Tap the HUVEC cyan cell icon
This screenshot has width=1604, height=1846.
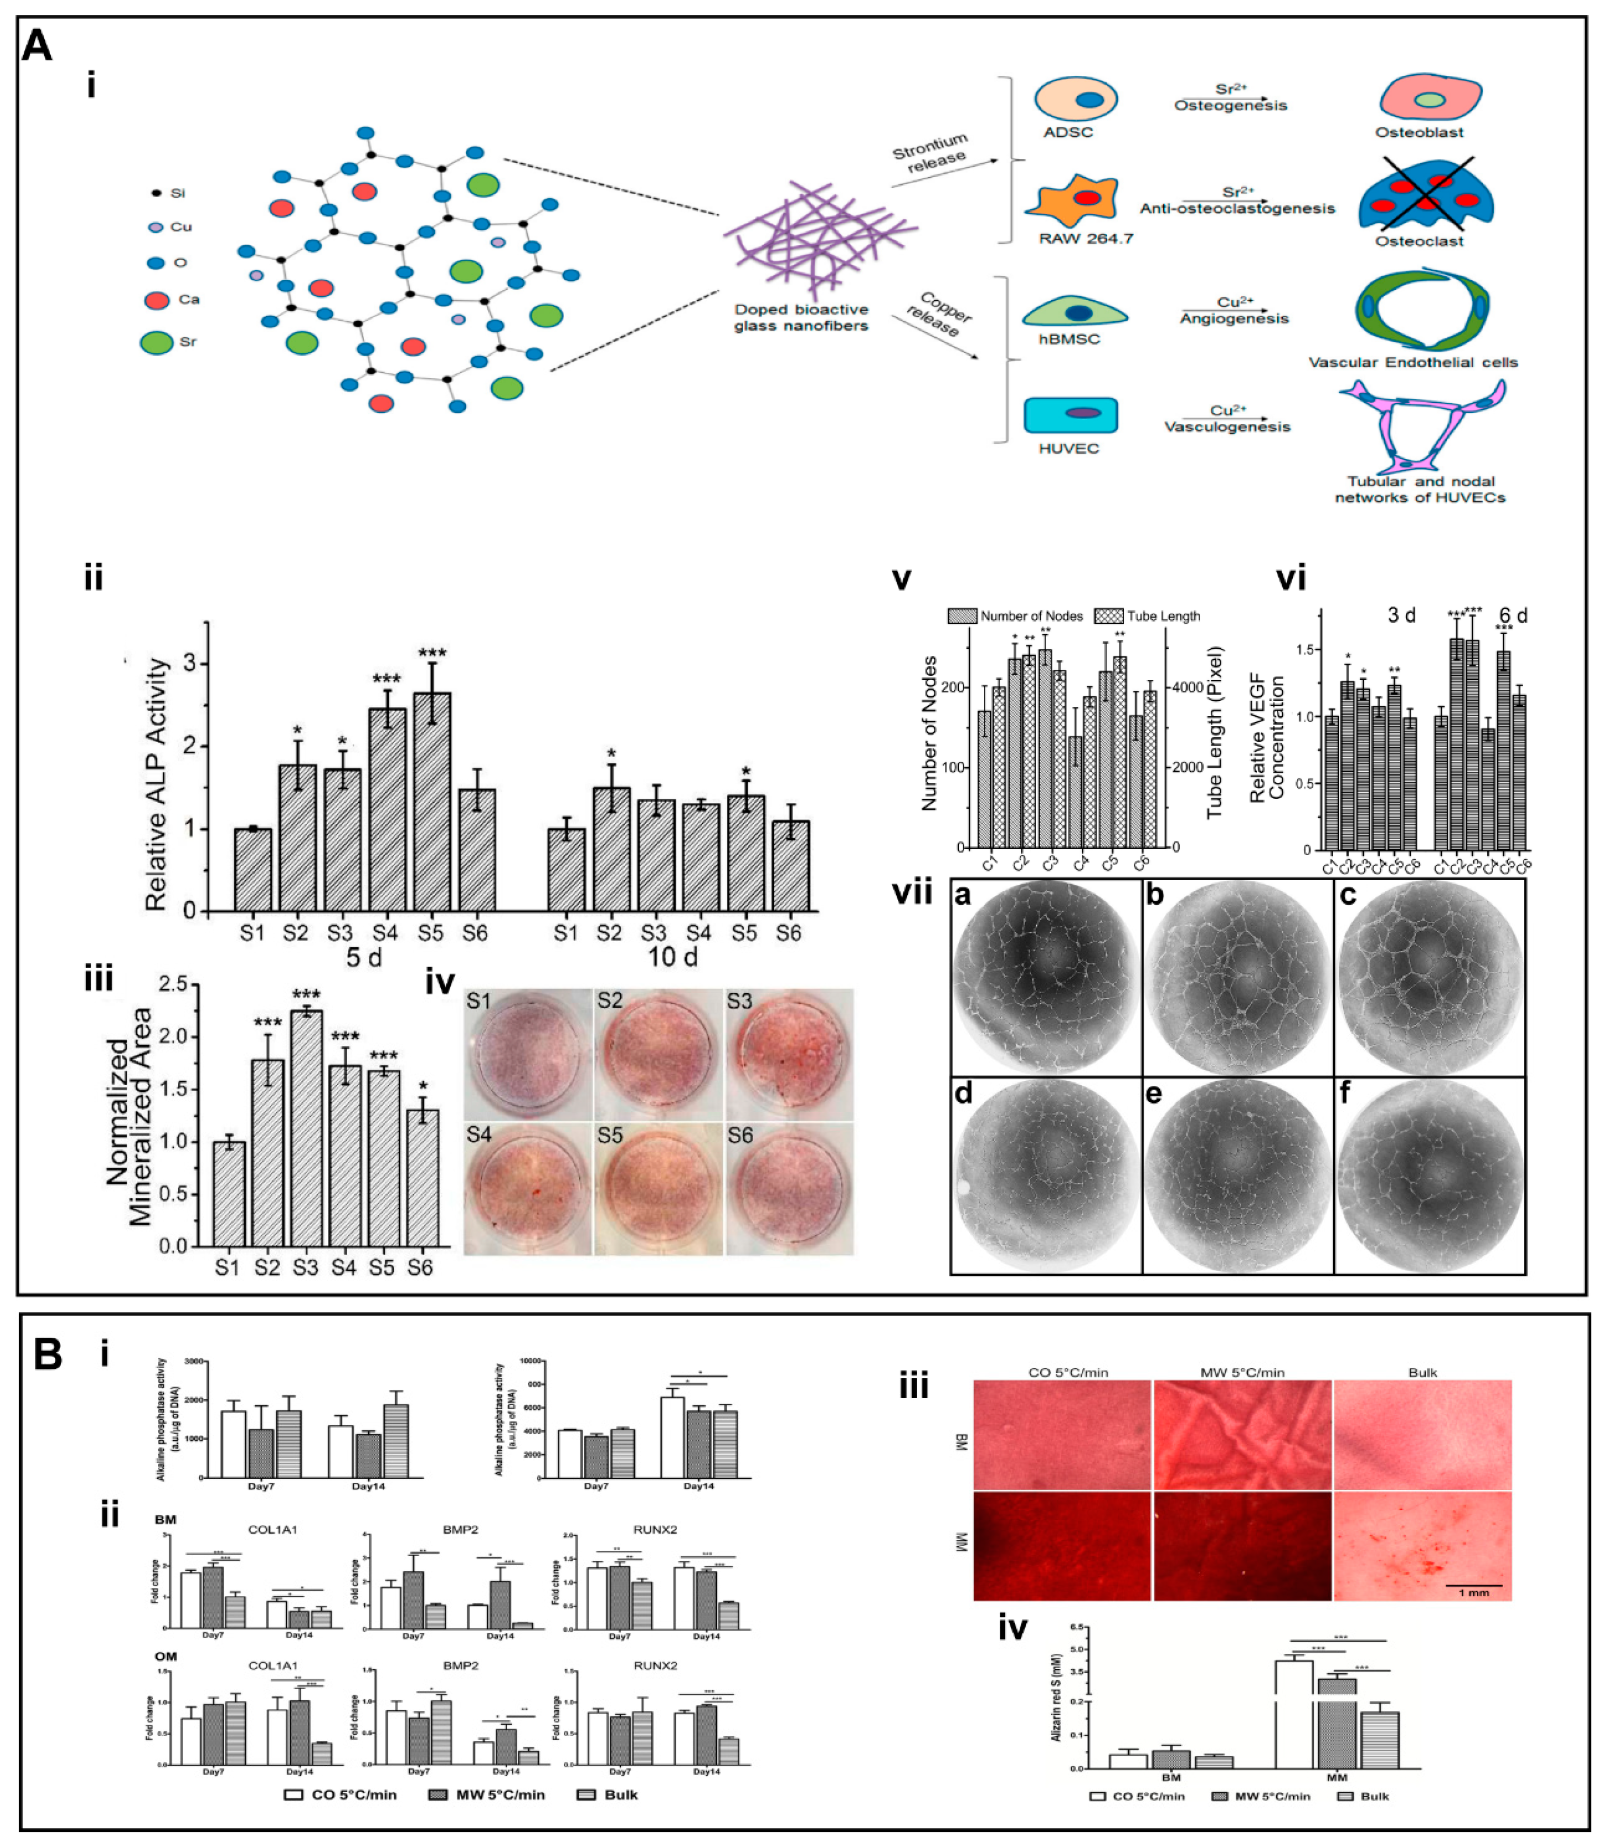point(1070,414)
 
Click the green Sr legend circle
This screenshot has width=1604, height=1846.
point(157,342)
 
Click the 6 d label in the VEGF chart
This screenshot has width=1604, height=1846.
point(1513,615)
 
